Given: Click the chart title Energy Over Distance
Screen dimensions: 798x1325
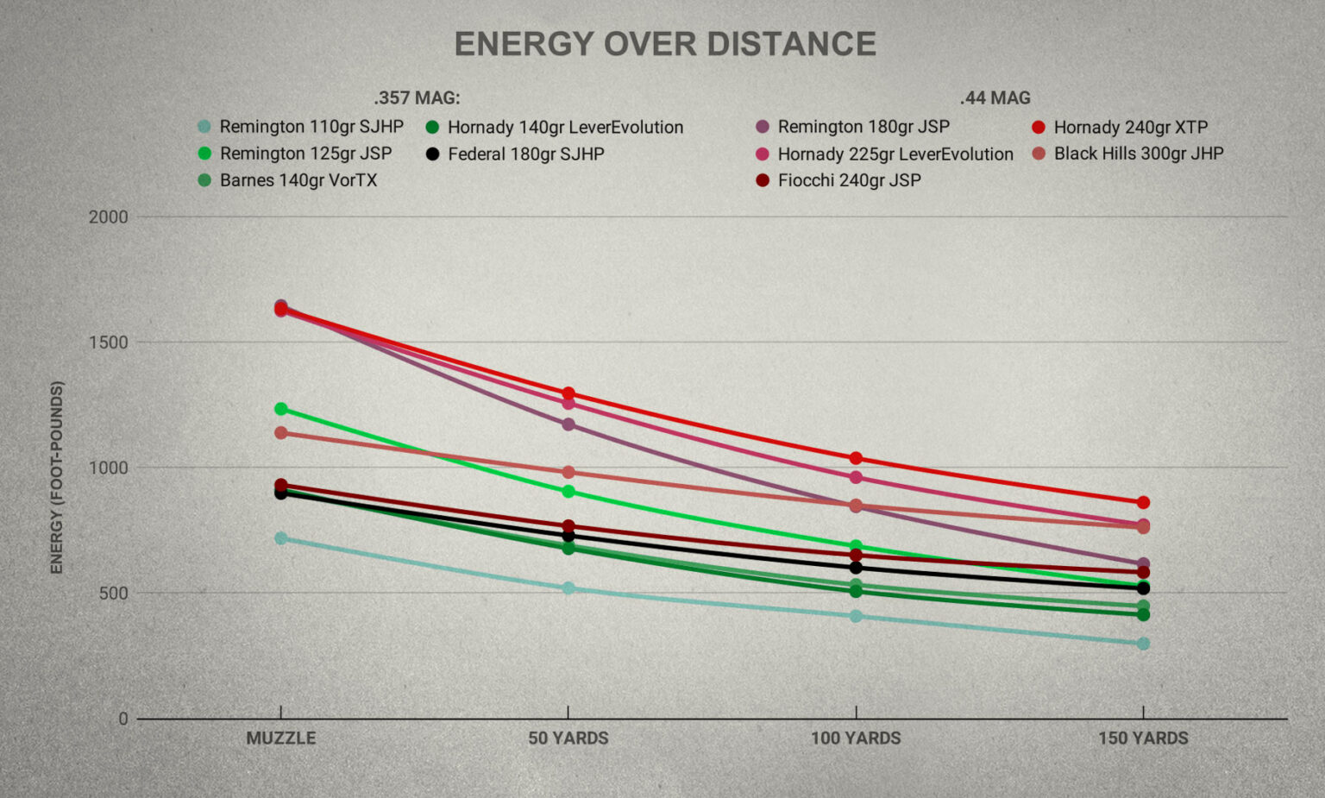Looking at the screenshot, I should point(665,44).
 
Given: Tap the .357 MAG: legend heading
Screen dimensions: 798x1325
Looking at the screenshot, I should point(417,97).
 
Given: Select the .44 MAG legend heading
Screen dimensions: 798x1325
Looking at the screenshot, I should point(995,97).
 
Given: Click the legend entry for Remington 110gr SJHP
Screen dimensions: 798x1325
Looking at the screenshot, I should point(311,127).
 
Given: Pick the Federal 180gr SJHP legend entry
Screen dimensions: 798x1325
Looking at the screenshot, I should point(525,154).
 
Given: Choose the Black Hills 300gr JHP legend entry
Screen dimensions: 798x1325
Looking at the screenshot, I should point(1138,154).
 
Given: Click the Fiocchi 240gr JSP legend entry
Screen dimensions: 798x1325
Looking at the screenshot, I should point(849,180).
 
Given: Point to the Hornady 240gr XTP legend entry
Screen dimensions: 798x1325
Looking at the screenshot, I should point(1130,127).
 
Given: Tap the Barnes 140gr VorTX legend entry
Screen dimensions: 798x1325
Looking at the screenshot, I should point(298,180).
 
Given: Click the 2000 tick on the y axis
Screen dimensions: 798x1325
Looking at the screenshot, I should point(108,217).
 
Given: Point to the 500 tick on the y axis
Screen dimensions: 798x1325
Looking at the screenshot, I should point(113,594).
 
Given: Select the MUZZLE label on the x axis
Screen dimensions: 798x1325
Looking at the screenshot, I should point(281,738).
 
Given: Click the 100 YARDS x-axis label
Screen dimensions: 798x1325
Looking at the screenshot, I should point(856,738).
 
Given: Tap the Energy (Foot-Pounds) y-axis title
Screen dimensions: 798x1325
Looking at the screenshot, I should point(57,477).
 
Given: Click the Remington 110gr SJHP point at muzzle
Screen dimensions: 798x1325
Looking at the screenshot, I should point(281,538).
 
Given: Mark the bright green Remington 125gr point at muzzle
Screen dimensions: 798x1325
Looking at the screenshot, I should point(281,409).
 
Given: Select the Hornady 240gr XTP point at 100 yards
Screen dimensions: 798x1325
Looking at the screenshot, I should point(856,458).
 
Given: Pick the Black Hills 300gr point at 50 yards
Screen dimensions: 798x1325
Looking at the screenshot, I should point(568,472).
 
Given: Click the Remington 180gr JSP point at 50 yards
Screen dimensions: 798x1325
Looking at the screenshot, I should point(568,424).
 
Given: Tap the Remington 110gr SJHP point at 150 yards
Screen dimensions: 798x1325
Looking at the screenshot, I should point(1143,644).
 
